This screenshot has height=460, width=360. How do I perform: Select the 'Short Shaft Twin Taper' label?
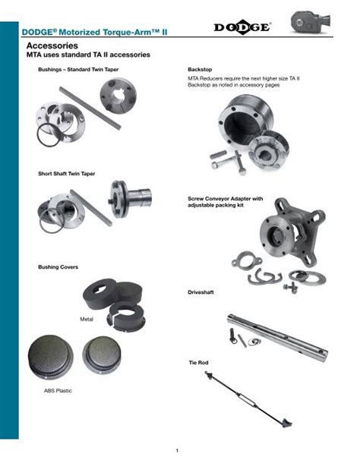(x=67, y=174)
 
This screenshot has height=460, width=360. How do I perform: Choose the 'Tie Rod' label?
(x=198, y=364)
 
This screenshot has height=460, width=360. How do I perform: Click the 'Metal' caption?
(x=87, y=319)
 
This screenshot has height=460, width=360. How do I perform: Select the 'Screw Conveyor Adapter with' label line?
(x=226, y=199)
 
